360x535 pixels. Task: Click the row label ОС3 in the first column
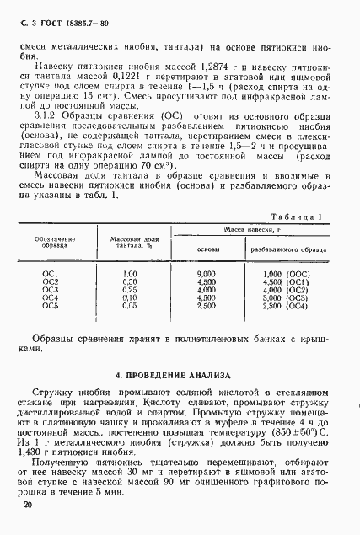pos(50,289)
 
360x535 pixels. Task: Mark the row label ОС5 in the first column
pos(50,305)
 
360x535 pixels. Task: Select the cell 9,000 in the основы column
pos(207,274)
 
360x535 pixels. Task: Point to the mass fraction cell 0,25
pos(129,289)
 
